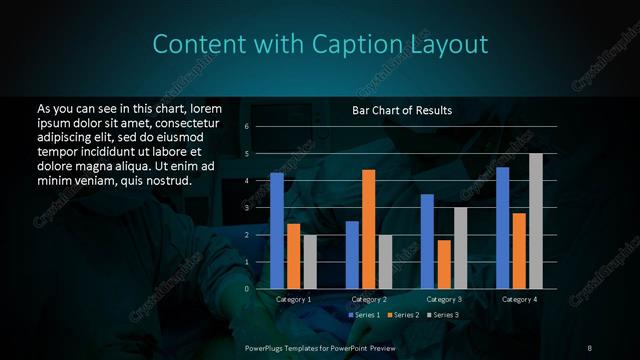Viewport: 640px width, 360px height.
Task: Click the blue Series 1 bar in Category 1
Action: (277, 231)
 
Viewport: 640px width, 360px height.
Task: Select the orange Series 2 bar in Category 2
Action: (368, 229)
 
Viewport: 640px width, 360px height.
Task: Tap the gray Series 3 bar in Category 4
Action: (536, 221)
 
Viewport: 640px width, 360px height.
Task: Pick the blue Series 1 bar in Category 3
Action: (427, 241)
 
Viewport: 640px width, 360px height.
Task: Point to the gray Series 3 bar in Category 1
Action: (310, 262)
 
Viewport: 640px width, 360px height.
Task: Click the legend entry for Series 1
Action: (362, 315)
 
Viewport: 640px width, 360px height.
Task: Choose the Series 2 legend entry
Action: (403, 315)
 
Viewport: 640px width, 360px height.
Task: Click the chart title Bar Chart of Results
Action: (402, 110)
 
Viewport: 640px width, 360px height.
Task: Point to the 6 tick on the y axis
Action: (247, 127)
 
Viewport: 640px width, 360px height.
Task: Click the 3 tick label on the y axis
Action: (247, 208)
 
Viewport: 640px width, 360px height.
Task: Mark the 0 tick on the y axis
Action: (247, 289)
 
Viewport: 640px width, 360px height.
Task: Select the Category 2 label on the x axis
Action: (369, 299)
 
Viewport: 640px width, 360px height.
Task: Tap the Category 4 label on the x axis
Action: (519, 299)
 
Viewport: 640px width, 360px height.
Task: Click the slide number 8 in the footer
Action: (589, 347)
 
